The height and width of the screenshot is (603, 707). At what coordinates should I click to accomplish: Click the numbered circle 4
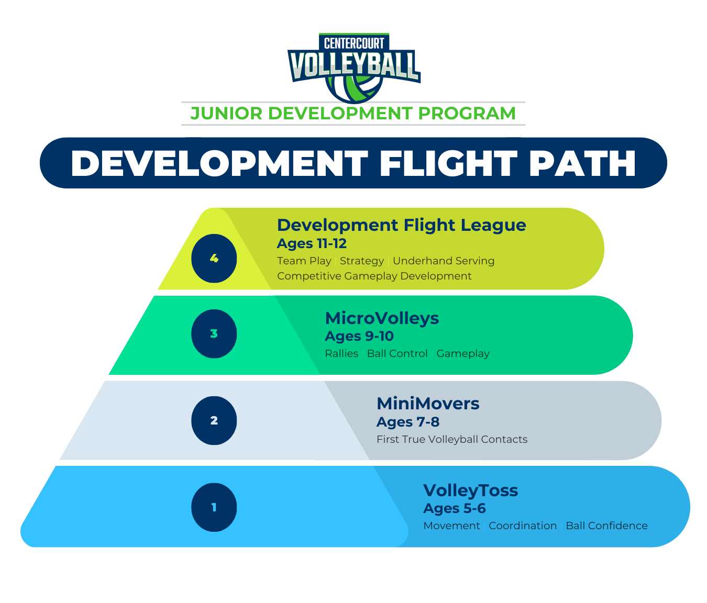click(214, 258)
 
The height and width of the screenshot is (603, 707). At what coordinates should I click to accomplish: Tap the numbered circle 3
click(214, 333)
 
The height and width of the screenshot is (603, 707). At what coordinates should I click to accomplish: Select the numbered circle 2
click(214, 420)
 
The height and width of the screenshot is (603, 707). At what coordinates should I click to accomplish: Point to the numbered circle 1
click(214, 507)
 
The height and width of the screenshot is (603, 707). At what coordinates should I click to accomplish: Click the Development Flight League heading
click(401, 225)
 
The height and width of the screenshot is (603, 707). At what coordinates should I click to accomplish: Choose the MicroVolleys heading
click(382, 318)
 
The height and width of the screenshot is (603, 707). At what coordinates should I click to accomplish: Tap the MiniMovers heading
click(428, 404)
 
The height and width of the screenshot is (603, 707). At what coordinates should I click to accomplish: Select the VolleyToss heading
click(470, 490)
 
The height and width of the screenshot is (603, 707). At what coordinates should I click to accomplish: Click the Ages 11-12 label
click(312, 243)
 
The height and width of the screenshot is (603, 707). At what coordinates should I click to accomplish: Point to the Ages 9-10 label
click(359, 336)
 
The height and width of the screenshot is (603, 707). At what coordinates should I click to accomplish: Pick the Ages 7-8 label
click(408, 422)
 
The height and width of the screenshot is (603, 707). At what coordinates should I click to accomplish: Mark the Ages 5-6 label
click(455, 508)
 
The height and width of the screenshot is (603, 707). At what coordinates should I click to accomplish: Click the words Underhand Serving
click(444, 261)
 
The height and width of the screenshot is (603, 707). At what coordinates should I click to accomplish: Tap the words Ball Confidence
click(606, 526)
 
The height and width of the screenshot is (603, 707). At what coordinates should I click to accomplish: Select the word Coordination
click(523, 526)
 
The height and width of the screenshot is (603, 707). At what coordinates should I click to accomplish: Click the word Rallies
click(341, 353)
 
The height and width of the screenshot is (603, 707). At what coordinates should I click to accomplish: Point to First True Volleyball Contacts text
click(452, 439)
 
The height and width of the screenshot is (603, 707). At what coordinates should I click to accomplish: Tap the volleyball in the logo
click(354, 89)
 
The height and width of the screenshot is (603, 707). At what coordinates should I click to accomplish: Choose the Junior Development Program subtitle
click(353, 113)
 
